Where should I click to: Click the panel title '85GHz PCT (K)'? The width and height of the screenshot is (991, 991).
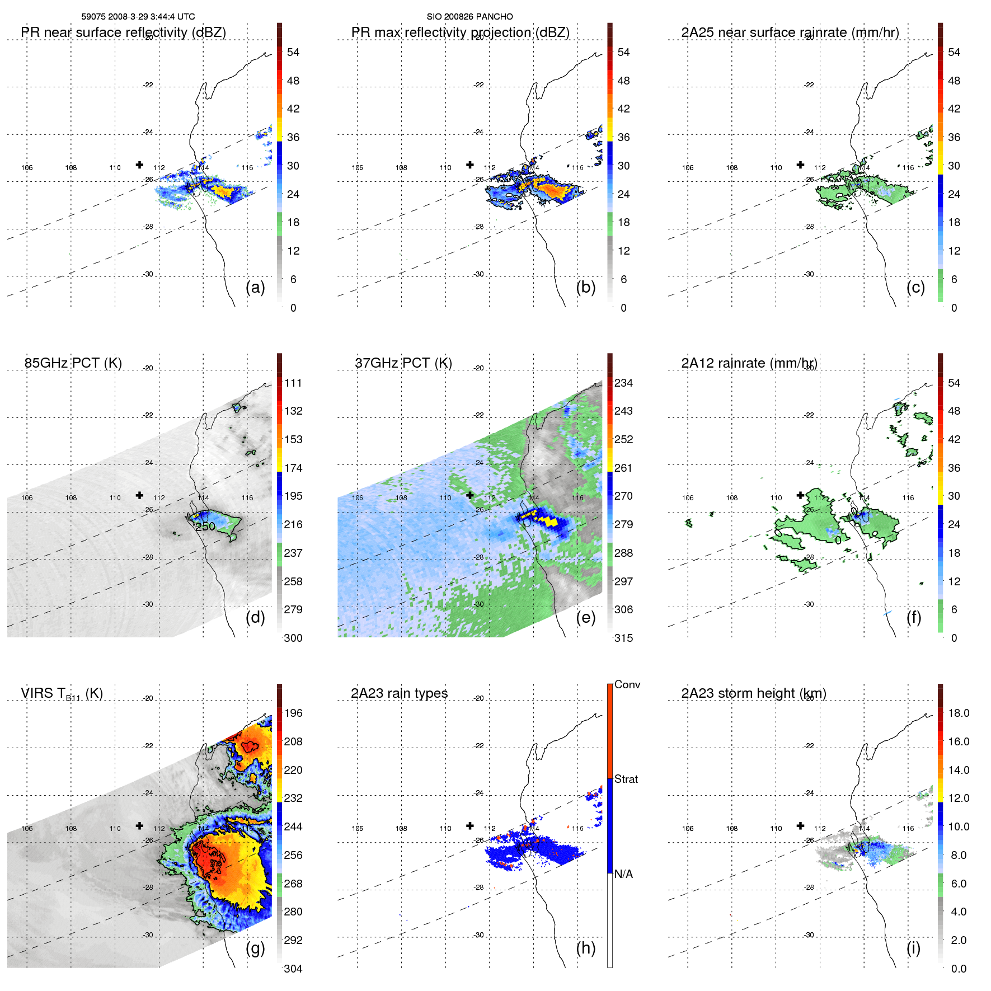73,363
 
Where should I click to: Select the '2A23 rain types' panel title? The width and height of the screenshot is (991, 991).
399,693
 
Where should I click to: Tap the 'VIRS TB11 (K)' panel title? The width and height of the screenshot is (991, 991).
62,694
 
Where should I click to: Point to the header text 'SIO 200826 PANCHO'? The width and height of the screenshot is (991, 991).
469,17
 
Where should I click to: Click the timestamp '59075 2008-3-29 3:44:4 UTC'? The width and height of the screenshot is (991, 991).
138,17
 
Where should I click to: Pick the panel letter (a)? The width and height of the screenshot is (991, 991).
255,287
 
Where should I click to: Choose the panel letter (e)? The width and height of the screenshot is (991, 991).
585,617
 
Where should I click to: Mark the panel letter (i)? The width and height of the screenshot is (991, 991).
913,948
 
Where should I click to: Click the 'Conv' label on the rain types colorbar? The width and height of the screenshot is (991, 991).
627,684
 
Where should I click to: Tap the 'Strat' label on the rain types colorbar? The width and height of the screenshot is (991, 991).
626,779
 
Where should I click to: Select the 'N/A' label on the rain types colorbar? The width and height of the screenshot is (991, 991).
623,874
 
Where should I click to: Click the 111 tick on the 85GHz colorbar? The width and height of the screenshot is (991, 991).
293,383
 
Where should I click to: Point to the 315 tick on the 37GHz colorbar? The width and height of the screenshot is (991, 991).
623,638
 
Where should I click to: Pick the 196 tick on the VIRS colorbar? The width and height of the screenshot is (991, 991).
293,713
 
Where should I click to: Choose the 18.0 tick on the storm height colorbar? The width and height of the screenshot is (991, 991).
959,713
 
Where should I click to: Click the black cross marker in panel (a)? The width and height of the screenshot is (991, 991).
139,165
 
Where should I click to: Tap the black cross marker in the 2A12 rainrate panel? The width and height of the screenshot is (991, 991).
800,495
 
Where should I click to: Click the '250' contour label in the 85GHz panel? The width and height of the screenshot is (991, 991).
205,527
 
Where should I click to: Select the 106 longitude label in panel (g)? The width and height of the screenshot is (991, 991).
27,828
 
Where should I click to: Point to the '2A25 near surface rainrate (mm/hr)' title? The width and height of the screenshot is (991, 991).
790,32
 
